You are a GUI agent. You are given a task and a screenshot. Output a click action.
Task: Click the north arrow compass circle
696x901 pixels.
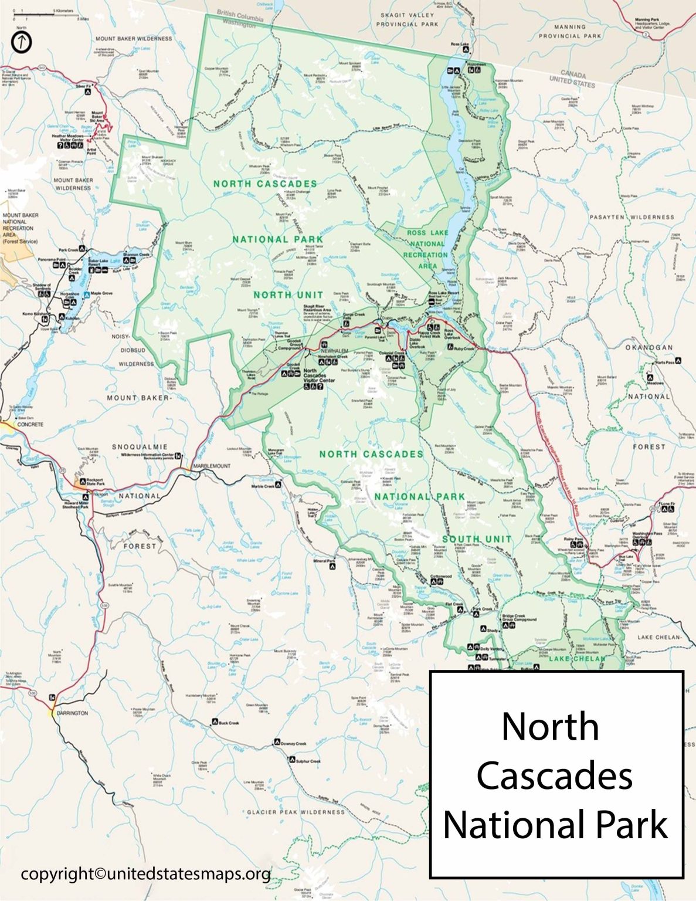22,42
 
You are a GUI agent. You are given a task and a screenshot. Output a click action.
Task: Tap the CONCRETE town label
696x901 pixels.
30,424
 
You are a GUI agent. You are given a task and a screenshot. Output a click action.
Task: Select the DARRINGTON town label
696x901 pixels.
72,713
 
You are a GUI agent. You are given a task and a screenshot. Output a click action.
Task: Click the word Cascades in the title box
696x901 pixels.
554,775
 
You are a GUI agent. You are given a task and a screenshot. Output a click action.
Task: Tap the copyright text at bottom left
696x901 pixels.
145,874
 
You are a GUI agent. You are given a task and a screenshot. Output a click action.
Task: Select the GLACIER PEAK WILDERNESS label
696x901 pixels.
296,812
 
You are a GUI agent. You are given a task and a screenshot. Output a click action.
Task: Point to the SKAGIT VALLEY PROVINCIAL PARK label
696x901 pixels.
407,19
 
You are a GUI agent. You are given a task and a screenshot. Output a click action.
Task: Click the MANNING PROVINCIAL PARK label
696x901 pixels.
569,31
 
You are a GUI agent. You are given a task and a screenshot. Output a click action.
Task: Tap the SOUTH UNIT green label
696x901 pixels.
477,538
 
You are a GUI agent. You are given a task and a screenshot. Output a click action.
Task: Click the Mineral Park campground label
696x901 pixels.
324,561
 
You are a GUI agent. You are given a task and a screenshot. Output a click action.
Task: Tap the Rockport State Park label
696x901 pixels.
94,482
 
